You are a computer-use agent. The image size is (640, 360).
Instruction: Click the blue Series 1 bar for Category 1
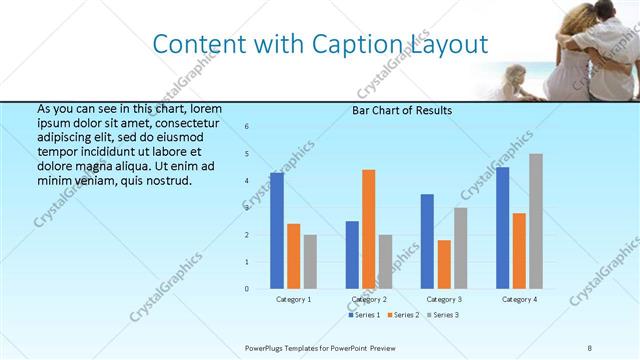point(277,230)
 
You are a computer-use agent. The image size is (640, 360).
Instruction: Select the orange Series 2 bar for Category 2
point(369,229)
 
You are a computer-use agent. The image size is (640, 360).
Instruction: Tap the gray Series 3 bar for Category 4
point(536,221)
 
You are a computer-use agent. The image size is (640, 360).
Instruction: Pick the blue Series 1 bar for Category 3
point(428,241)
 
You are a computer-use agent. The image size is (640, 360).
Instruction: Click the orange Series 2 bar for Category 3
point(444,264)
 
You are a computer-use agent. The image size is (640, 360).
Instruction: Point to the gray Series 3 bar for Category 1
point(310,262)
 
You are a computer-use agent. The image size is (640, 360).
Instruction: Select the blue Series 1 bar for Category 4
point(503,228)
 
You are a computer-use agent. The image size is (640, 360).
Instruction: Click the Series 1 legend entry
point(363,315)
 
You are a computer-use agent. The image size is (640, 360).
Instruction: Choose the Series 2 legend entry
point(402,315)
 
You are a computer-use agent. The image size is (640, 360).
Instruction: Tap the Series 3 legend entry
point(441,315)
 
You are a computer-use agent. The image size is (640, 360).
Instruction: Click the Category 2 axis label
point(369,299)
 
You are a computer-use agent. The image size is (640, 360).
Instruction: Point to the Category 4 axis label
point(519,299)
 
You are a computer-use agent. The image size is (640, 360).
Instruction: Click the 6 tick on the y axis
point(247,127)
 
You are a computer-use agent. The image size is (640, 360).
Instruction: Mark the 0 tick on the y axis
point(247,289)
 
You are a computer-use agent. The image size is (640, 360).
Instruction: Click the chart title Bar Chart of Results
point(403,110)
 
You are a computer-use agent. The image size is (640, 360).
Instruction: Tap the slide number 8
point(589,347)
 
